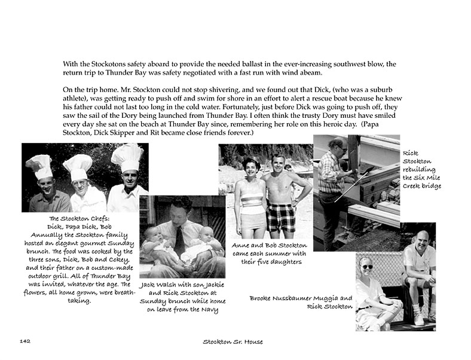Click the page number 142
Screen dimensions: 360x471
(x=25, y=341)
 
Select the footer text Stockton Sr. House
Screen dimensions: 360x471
(x=233, y=341)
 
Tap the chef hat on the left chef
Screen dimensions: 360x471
(x=40, y=165)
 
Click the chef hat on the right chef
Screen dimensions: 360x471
(x=128, y=157)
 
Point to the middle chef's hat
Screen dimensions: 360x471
(x=79, y=166)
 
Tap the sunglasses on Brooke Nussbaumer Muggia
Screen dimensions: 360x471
(x=366, y=266)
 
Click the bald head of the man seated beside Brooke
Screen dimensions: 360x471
(x=423, y=239)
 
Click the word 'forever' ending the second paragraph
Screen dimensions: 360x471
(x=237, y=132)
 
